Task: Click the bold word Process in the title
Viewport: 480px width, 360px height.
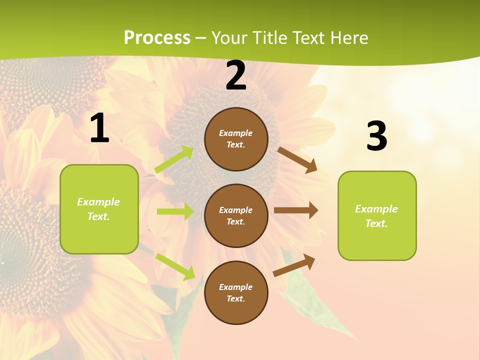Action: (x=157, y=37)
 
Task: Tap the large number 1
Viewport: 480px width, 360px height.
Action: (x=99, y=128)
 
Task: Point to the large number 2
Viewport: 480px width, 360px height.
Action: (x=236, y=75)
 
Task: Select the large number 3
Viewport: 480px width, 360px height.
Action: (x=376, y=136)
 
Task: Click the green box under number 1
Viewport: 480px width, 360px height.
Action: (x=99, y=209)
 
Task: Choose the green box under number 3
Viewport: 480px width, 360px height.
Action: (x=377, y=215)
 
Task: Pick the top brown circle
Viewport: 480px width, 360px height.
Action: (x=236, y=139)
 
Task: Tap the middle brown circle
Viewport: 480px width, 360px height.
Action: (x=236, y=215)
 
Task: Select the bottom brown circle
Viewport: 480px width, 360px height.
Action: (x=236, y=292)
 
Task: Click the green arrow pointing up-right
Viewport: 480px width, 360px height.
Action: (x=173, y=159)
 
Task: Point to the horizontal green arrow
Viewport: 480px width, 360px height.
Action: (x=174, y=211)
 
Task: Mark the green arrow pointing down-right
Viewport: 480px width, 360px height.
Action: (x=175, y=266)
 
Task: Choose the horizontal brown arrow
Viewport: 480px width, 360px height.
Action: (x=295, y=210)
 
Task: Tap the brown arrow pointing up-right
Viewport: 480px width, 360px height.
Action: (x=294, y=265)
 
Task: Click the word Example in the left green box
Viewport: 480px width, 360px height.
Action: (x=98, y=202)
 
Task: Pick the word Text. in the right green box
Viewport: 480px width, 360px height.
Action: (x=376, y=223)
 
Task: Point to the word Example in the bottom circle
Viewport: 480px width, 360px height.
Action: (x=236, y=287)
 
